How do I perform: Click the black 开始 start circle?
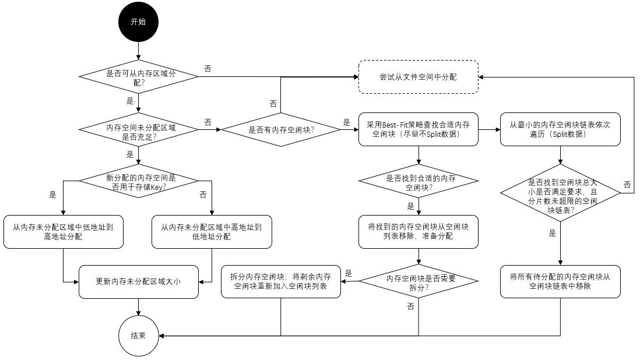[x=138, y=22]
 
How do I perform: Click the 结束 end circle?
[x=138, y=336]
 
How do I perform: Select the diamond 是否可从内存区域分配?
[x=138, y=76]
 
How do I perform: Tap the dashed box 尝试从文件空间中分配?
[x=418, y=76]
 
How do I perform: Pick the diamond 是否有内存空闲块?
[x=281, y=130]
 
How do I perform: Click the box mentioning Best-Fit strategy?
[x=418, y=129]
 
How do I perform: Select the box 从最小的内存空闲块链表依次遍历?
[x=560, y=129]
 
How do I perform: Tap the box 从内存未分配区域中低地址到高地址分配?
[x=63, y=232]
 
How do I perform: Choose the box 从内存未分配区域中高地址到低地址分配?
[x=212, y=232]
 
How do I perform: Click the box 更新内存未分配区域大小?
[x=138, y=281]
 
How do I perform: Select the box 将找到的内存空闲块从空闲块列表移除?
[x=418, y=231]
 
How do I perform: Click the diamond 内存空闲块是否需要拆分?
[x=418, y=281]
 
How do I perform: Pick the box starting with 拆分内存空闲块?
[x=281, y=281]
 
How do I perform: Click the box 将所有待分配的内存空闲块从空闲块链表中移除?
[x=560, y=281]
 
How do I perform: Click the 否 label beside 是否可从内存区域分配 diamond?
[x=208, y=69]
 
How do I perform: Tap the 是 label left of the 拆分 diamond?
[x=349, y=273]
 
